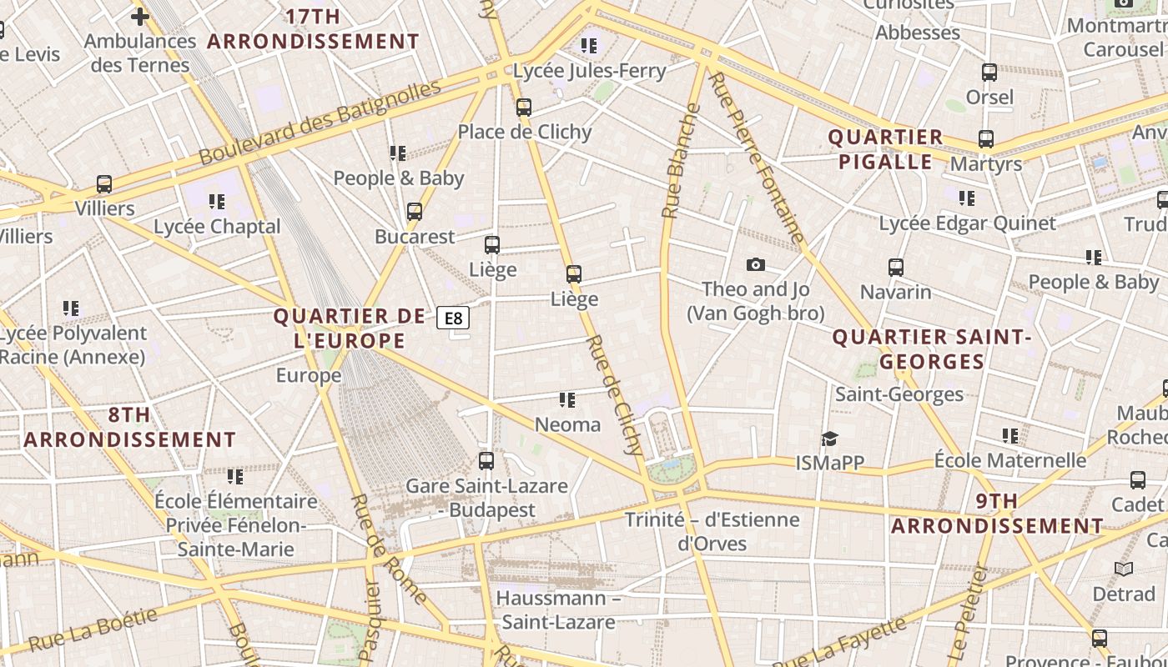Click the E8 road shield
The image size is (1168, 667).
(453, 318)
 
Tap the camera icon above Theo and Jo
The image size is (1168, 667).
(755, 264)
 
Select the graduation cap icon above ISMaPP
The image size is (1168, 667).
(828, 439)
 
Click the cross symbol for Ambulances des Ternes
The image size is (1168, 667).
(140, 16)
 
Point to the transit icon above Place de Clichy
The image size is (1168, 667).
(523, 107)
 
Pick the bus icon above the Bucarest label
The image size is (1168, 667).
(415, 212)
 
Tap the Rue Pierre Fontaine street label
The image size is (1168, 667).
(756, 158)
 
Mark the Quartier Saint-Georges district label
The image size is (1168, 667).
(932, 349)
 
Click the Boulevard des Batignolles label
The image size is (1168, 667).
(319, 122)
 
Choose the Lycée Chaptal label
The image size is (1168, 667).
(217, 226)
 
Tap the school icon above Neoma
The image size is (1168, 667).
(567, 400)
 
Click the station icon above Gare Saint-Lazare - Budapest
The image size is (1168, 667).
(486, 460)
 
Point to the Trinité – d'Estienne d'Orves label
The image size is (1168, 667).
(712, 531)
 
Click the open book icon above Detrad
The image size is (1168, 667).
(1124, 569)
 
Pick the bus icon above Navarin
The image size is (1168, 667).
(895, 268)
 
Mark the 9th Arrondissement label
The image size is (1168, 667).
(997, 514)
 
